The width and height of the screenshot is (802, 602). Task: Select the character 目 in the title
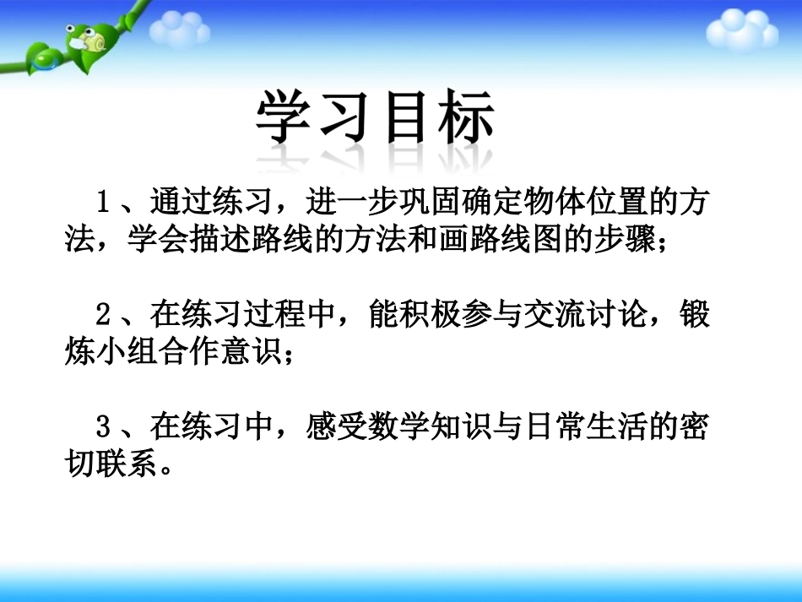click(x=404, y=119)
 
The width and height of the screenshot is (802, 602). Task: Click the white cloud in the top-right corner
click(x=742, y=30)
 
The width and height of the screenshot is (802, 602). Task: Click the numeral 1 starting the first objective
click(x=105, y=203)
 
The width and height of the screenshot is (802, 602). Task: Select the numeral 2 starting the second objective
click(x=105, y=315)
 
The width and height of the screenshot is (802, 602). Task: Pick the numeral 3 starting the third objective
click(x=105, y=428)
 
